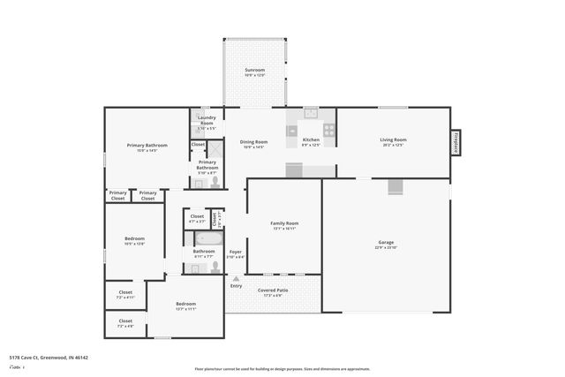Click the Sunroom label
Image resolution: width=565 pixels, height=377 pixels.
point(254,70)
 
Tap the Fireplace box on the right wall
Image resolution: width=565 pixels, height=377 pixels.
point(456,142)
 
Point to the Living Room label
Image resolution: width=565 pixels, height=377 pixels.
point(393,141)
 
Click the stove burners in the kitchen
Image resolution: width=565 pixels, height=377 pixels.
point(329,130)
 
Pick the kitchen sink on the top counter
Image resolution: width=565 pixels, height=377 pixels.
point(311,113)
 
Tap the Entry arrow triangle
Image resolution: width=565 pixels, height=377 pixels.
point(236,278)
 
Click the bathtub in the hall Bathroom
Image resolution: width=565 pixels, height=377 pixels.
point(209,238)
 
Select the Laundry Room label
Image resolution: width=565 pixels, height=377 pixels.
point(207,120)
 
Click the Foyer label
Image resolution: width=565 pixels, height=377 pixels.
point(236,253)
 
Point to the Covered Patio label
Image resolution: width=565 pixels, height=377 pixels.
point(273,291)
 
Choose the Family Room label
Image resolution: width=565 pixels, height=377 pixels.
point(284,225)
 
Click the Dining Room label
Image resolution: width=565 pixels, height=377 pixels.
point(255,143)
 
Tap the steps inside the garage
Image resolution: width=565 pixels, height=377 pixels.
point(395,186)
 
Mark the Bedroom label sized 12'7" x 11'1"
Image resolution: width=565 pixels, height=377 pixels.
point(185,305)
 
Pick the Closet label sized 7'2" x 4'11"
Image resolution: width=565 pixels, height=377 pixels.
point(125,294)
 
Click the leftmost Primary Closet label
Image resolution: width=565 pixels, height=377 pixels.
point(117,194)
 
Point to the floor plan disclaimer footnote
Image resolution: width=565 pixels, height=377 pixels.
point(282,369)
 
